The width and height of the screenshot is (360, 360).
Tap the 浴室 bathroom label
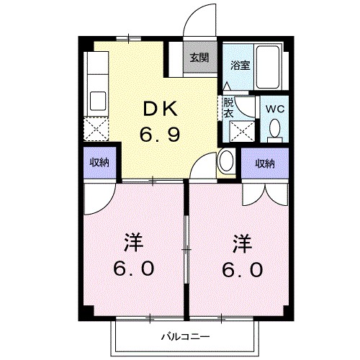pos(240,64)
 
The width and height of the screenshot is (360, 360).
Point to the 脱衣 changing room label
pos(228,107)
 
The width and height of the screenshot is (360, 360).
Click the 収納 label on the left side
pos(99,163)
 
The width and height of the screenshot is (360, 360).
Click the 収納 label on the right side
pos(264,163)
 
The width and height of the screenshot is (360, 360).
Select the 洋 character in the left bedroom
pos(133,242)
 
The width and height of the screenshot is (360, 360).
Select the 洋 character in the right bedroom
pos(241,242)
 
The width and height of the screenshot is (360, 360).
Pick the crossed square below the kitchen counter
pos(95,130)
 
